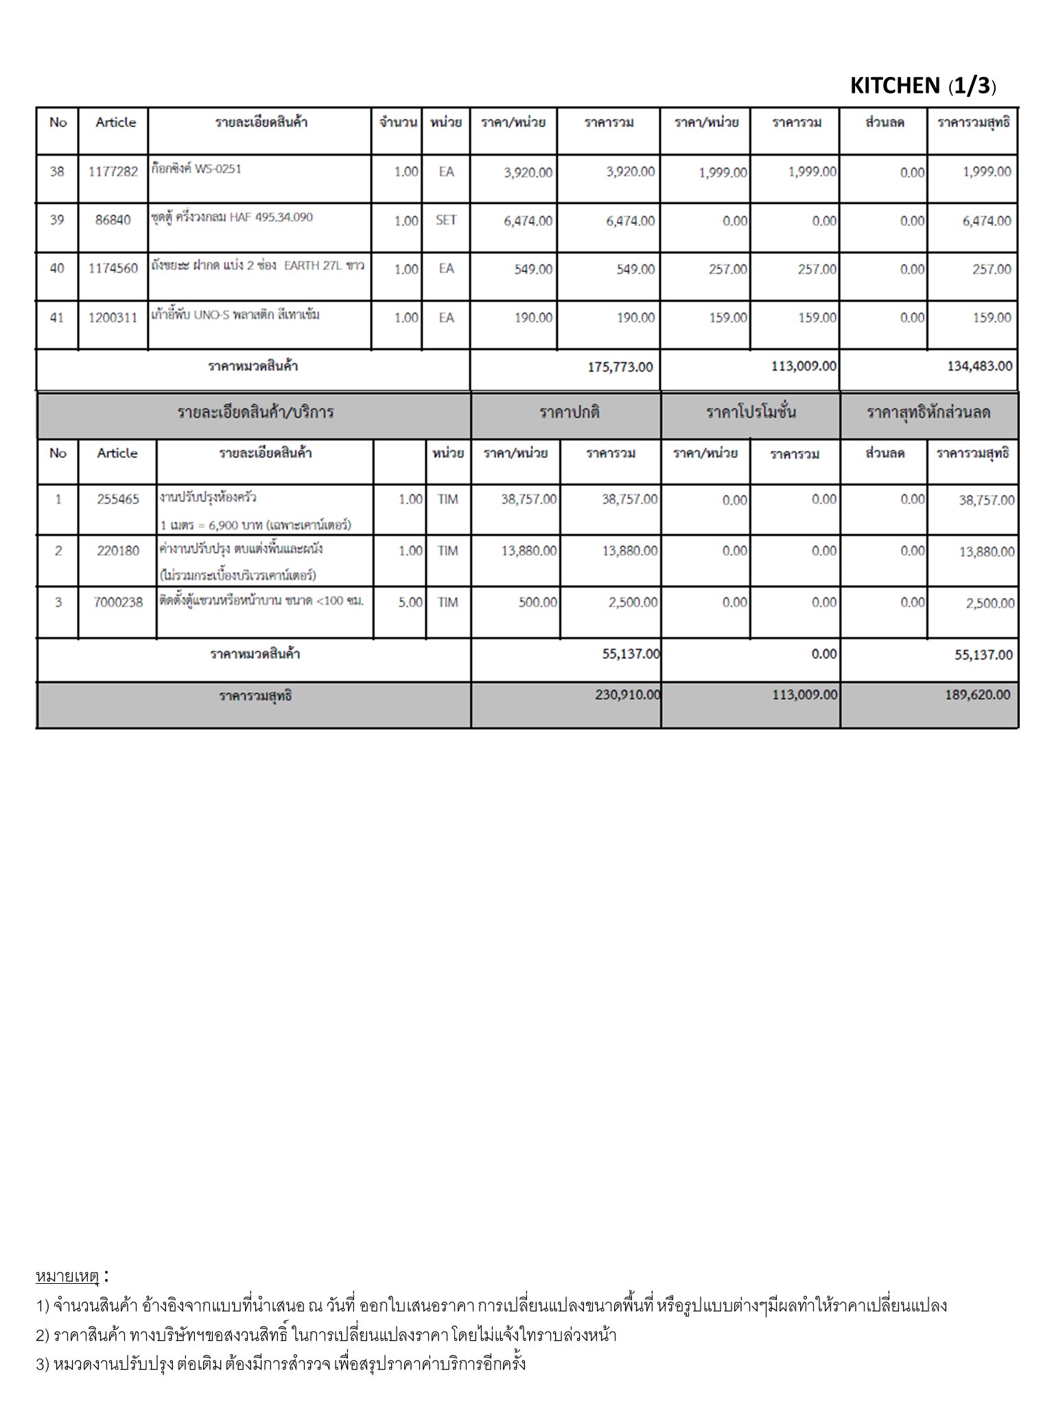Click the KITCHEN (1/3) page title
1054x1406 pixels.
[922, 86]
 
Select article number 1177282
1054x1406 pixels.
[113, 172]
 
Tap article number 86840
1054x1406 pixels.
[113, 220]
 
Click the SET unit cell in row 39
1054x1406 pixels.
[446, 220]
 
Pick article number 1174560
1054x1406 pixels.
[113, 269]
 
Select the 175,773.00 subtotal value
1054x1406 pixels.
[620, 367]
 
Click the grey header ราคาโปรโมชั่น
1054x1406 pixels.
[751, 413]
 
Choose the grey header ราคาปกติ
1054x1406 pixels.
[569, 413]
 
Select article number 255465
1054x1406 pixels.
[118, 500]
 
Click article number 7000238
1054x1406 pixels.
[118, 603]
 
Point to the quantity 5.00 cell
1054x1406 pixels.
[410, 603]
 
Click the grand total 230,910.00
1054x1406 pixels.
[627, 695]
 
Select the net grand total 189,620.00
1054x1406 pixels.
[977, 695]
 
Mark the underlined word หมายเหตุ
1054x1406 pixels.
[67, 1277]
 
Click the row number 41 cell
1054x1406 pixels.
[57, 318]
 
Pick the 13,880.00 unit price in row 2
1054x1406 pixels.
[528, 551]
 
